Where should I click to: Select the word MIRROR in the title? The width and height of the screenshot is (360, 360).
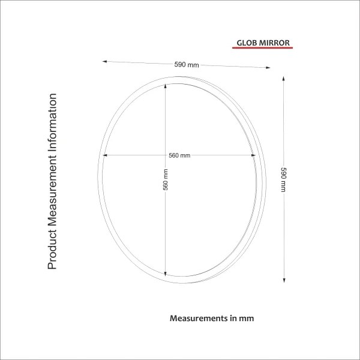coord(275,43)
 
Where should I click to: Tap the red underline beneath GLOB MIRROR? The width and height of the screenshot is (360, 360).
coord(262,49)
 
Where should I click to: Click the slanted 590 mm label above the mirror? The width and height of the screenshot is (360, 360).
coord(186,65)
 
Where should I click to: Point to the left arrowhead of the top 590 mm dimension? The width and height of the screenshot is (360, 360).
coord(105,61)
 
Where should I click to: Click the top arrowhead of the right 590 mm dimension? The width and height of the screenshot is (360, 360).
coord(283,77)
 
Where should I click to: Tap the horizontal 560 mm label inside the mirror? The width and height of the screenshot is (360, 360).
coord(179,155)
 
